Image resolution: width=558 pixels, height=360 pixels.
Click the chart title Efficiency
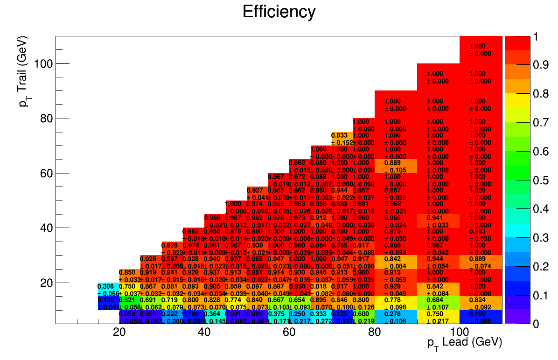[279, 12]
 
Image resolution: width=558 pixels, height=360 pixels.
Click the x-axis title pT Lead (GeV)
[464, 343]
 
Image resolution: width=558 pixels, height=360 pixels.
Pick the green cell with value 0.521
[129, 303]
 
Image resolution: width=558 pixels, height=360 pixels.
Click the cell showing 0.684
[438, 303]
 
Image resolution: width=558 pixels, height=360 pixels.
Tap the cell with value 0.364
[214, 317]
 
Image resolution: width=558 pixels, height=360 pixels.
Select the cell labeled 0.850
[129, 276]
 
